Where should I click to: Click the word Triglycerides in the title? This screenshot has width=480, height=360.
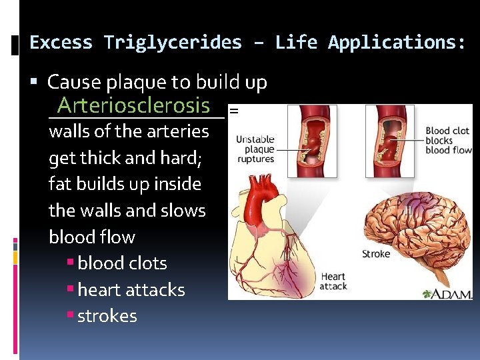[173, 43]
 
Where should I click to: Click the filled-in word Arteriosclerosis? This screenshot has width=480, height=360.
[133, 105]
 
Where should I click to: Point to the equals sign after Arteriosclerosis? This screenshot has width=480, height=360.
[233, 111]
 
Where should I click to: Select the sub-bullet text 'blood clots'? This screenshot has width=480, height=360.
[122, 263]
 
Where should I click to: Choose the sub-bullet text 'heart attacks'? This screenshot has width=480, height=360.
[131, 290]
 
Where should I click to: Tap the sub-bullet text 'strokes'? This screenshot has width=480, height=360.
[107, 316]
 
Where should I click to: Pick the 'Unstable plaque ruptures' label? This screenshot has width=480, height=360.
[255, 149]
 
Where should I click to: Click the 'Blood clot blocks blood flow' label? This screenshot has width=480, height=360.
[447, 141]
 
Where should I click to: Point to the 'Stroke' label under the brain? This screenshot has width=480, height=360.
[376, 253]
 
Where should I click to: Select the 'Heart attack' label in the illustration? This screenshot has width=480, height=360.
[333, 281]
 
